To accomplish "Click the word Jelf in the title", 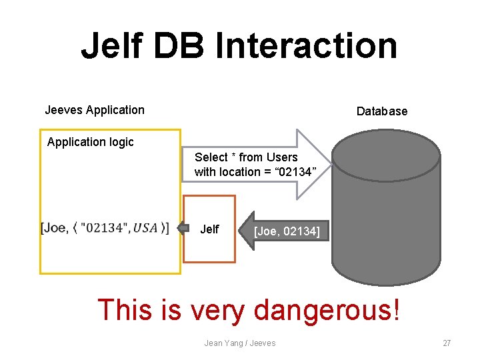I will tap(113, 46).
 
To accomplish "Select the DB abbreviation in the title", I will tap(180, 46).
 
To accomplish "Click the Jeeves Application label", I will tap(94, 110).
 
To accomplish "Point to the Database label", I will tap(381, 111).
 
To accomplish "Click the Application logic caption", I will tap(90, 142).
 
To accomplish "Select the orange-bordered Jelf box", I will tap(209, 229).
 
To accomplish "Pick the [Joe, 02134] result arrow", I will tap(283, 231).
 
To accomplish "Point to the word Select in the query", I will tap(211, 157).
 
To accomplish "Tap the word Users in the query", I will tap(281, 157).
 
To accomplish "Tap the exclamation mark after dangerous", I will tap(397, 309).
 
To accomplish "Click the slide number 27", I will tap(447, 343).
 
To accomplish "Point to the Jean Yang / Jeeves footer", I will tap(239, 343).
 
